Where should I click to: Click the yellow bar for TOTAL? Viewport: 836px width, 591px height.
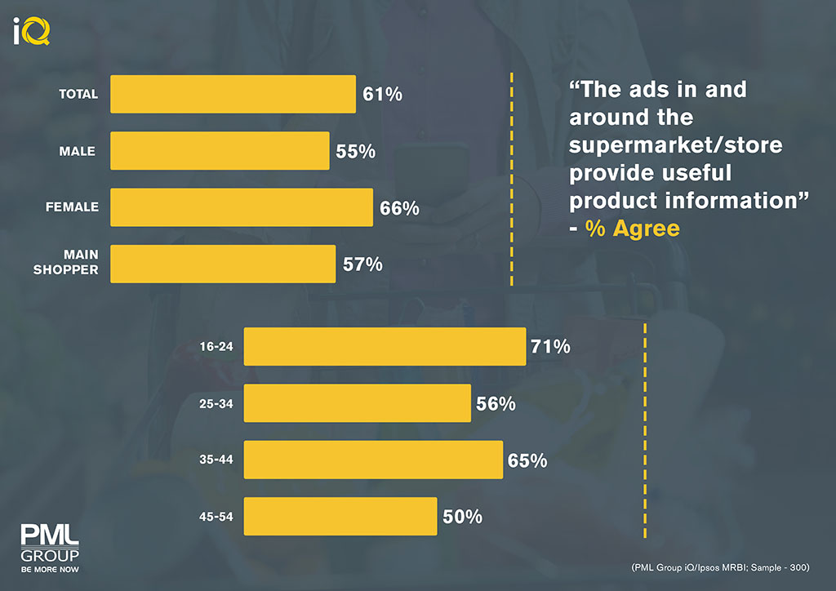point(233,94)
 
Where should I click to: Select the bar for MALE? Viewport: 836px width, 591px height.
point(220,151)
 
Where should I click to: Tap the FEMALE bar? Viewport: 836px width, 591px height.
point(242,207)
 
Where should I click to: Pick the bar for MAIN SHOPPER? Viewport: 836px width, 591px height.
point(222,264)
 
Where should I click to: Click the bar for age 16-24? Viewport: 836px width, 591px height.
point(385,347)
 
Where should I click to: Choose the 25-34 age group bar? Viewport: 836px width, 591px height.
point(358,403)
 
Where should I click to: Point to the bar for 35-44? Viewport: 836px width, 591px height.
point(373,460)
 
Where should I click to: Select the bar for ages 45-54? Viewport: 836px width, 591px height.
point(340,517)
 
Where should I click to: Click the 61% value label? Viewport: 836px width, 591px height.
point(383,95)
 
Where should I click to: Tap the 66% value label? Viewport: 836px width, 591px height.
point(400,208)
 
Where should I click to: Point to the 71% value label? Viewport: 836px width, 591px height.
point(550,347)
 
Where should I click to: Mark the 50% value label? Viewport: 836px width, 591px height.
point(463,517)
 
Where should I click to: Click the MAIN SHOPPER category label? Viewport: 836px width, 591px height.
point(66,263)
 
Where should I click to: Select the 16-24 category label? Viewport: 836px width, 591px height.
point(216,347)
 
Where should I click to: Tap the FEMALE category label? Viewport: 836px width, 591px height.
point(72,207)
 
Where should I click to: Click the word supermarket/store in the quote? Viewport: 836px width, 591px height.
point(675,144)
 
